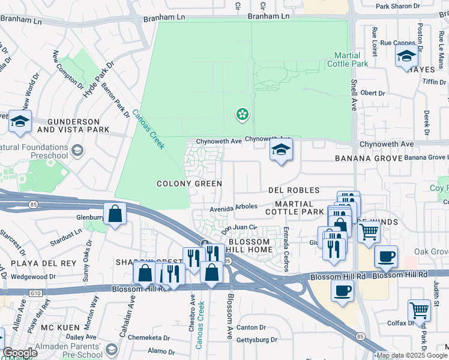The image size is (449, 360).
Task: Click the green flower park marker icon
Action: [242, 114]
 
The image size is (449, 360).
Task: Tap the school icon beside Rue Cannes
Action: [406, 56]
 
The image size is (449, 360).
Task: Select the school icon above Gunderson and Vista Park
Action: [20, 121]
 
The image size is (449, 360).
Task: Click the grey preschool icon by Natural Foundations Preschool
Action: [77, 150]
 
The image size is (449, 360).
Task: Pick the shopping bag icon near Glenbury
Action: [115, 213]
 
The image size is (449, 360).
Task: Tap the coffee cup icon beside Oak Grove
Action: [386, 256]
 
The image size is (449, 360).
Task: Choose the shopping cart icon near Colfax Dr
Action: [419, 310]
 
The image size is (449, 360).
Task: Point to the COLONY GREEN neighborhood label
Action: [189, 184]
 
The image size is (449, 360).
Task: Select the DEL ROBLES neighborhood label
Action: [294, 190]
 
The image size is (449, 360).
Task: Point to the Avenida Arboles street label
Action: [233, 208]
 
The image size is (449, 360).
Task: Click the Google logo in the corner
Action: [20, 353]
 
